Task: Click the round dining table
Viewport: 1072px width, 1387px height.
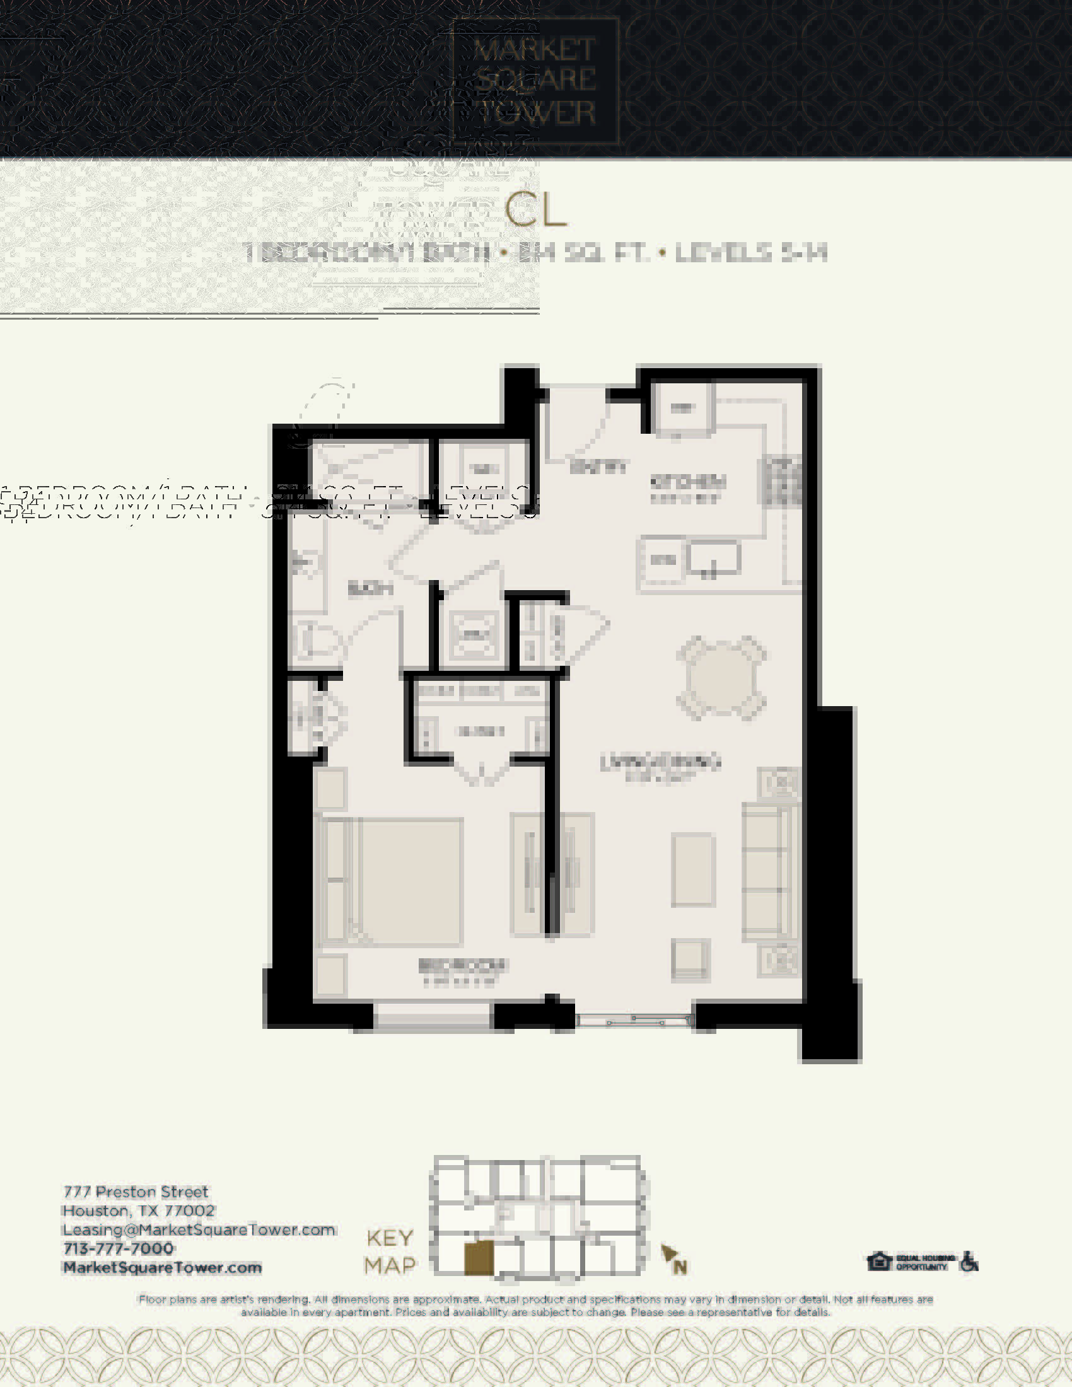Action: [x=721, y=677]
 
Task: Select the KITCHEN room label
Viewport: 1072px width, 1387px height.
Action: [x=687, y=482]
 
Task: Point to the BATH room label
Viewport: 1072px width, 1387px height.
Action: [x=370, y=589]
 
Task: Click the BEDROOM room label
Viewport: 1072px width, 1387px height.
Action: [x=462, y=966]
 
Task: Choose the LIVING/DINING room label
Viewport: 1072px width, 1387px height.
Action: [x=660, y=762]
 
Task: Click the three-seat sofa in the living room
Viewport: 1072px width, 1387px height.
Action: [x=769, y=871]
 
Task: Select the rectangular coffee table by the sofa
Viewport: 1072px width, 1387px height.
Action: [x=694, y=869]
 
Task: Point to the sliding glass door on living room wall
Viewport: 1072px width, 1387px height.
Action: [x=634, y=1021]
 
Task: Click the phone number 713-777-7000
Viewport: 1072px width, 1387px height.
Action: [x=119, y=1248]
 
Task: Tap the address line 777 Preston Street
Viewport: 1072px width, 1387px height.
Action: [x=136, y=1192]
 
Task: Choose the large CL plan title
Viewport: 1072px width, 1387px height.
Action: [x=535, y=211]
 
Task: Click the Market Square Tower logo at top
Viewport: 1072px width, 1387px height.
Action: [x=535, y=81]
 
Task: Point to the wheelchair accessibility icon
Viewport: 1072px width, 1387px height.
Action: [x=969, y=1262]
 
